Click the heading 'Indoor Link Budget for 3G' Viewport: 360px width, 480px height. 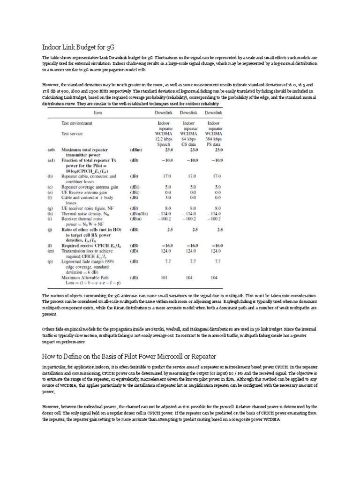click(78, 47)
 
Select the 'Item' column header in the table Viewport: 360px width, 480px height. click(98, 112)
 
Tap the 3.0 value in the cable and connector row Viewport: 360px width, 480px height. click(165, 198)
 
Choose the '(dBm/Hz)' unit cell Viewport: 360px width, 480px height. click(136, 213)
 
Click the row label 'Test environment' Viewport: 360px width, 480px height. click(77, 123)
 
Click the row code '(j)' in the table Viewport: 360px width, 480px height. click(50, 230)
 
